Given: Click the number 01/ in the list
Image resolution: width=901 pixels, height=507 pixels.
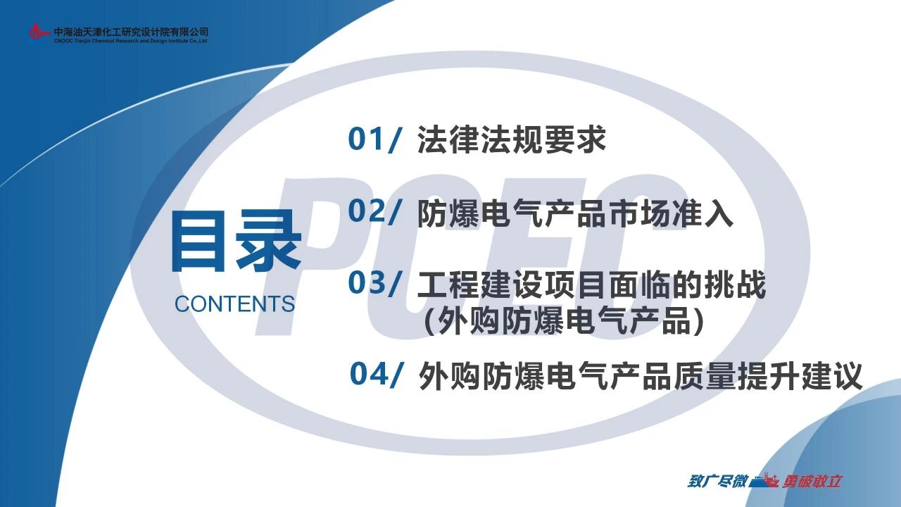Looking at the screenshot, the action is pyautogui.click(x=375, y=139).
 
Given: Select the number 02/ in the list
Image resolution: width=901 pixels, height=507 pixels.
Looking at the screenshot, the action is pyautogui.click(x=375, y=211).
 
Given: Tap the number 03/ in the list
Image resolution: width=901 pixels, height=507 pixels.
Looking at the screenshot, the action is pyautogui.click(x=375, y=284).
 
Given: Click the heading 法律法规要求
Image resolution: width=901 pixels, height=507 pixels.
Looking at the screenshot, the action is pyautogui.click(x=512, y=139).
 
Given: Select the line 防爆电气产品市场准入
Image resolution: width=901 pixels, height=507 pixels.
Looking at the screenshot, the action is pyautogui.click(x=575, y=213).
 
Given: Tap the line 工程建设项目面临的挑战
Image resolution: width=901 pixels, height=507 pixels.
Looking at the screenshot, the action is pyautogui.click(x=591, y=285).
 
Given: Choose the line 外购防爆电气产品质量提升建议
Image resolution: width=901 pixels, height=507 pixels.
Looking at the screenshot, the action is pyautogui.click(x=641, y=375).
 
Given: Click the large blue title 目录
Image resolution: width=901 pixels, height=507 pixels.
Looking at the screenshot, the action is pyautogui.click(x=237, y=242).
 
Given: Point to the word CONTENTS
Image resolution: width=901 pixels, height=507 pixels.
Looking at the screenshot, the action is pyautogui.click(x=235, y=303).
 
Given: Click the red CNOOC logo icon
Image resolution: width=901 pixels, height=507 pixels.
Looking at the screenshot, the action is pyautogui.click(x=39, y=32).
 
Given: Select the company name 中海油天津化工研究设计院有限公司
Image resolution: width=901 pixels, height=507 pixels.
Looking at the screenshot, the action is pyautogui.click(x=131, y=32).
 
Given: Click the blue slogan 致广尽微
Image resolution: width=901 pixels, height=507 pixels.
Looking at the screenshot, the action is pyautogui.click(x=717, y=481).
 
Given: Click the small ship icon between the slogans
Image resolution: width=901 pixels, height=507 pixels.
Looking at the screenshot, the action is pyautogui.click(x=764, y=480).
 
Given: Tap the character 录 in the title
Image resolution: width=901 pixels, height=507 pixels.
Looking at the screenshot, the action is pyautogui.click(x=269, y=242).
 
